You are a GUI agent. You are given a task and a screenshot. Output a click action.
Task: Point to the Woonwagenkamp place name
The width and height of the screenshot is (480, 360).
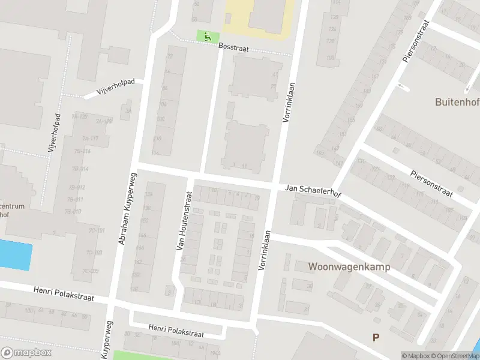(x=349, y=266)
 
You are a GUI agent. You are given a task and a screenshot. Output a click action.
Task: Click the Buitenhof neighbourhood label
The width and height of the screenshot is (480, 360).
(x=457, y=102)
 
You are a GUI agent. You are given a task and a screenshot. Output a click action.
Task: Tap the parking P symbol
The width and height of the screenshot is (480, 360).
(x=376, y=337)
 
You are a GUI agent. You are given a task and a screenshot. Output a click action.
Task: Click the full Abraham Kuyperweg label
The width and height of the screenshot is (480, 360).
(x=127, y=208)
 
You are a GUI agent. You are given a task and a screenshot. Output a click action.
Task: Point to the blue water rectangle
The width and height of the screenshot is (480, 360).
(x=15, y=255)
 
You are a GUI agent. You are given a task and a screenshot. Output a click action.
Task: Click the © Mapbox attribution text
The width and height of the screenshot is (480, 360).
(x=416, y=356)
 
